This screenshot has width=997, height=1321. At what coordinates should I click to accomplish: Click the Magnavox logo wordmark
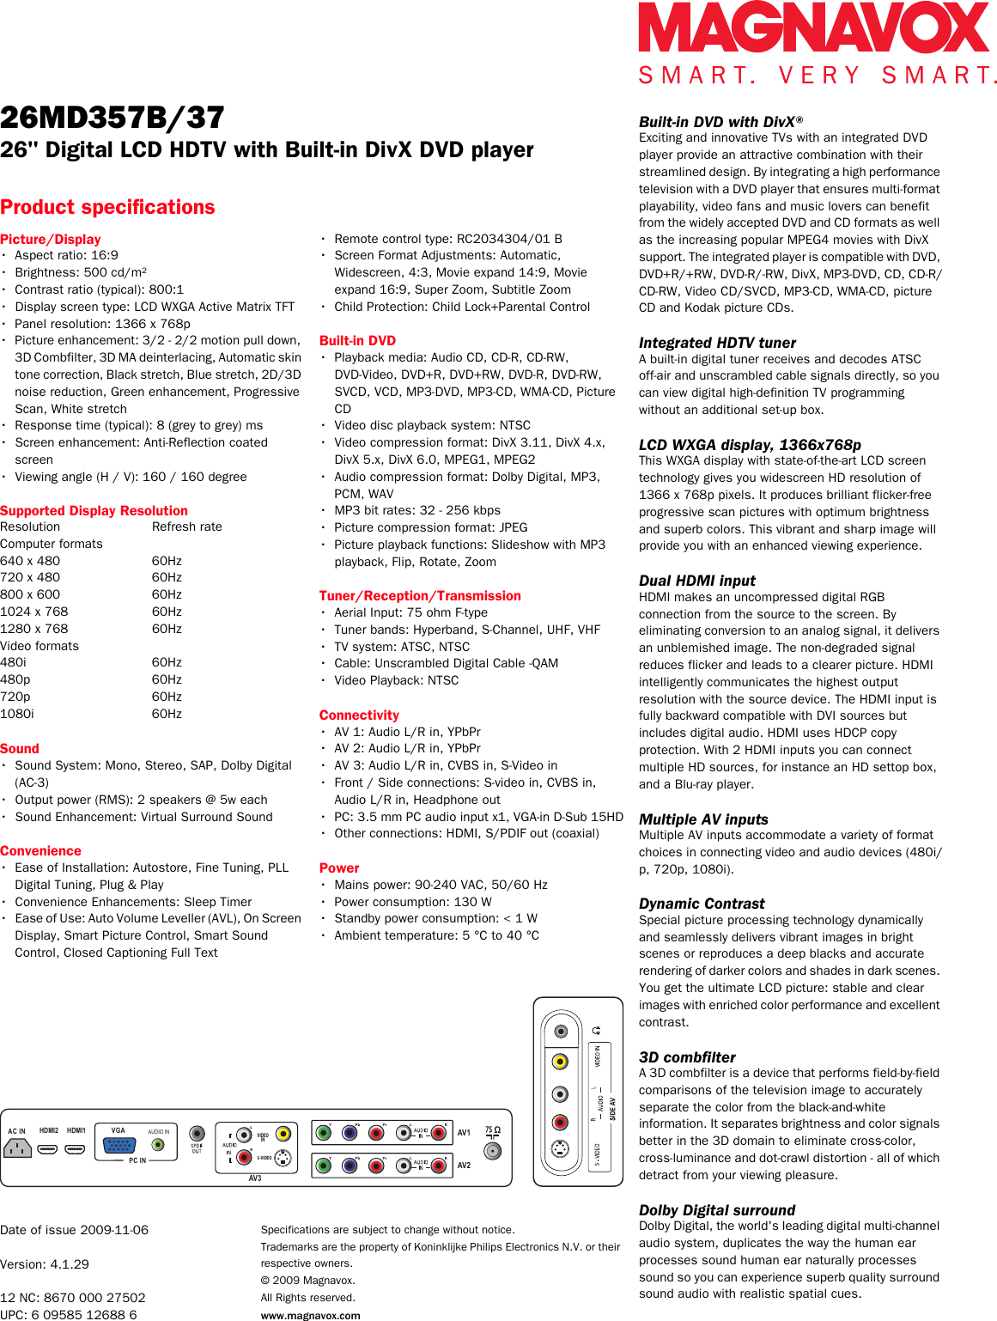813,27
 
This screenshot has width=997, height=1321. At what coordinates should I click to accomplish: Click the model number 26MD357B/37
112,118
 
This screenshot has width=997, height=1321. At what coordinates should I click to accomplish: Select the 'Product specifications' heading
107,207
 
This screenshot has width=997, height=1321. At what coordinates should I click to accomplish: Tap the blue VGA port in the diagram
119,1145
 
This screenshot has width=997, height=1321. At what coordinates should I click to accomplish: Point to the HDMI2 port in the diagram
48,1148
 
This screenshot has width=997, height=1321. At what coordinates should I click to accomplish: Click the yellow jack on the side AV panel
560,1062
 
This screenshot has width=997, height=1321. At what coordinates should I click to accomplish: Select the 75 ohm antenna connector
493,1150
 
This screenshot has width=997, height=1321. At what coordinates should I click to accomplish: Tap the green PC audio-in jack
158,1145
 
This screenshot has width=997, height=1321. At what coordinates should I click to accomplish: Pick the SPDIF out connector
197,1134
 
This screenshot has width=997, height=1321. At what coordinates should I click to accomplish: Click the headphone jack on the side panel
560,1031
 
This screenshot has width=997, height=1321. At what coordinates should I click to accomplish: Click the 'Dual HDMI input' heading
696,581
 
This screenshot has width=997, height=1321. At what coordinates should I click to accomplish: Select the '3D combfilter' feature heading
687,1057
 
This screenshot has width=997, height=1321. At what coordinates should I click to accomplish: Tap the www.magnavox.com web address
310,1315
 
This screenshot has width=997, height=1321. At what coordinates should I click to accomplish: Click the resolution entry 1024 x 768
34,612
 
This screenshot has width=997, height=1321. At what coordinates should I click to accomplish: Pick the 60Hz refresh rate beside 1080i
167,714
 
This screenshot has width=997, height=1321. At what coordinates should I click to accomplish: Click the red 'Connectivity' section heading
359,715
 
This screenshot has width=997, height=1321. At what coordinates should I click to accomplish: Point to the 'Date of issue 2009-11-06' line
75,1230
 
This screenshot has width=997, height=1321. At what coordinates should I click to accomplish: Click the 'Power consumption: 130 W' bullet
413,902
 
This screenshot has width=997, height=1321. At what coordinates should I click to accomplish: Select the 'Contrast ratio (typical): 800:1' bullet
99,289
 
